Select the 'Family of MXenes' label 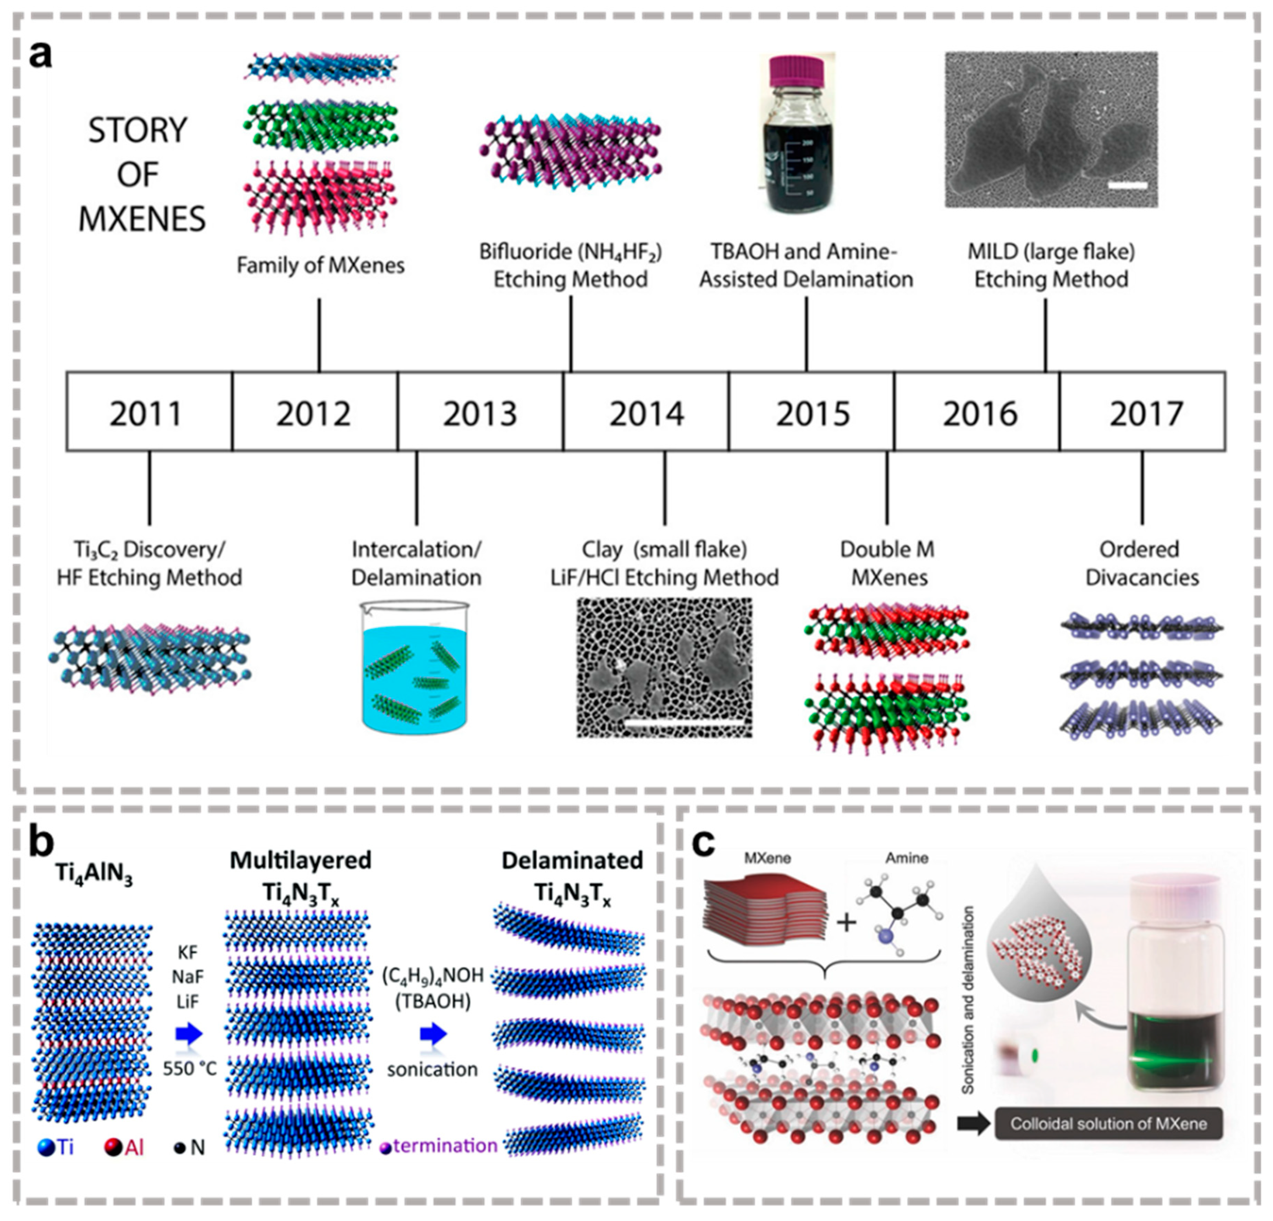click(x=320, y=266)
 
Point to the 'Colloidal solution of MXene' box click(x=1108, y=1124)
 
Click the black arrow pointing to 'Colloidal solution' click(x=972, y=1124)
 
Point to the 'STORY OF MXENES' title click(x=140, y=174)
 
